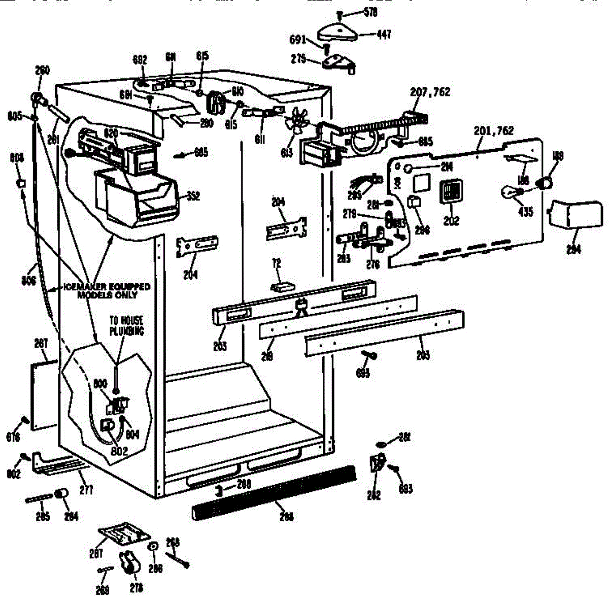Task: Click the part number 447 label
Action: pos(383,35)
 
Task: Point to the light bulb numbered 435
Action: pos(509,192)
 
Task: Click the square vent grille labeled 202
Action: pos(450,192)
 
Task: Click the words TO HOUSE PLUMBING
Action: pos(126,325)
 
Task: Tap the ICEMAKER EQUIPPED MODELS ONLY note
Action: pos(107,291)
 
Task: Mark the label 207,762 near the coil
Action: pos(430,92)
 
